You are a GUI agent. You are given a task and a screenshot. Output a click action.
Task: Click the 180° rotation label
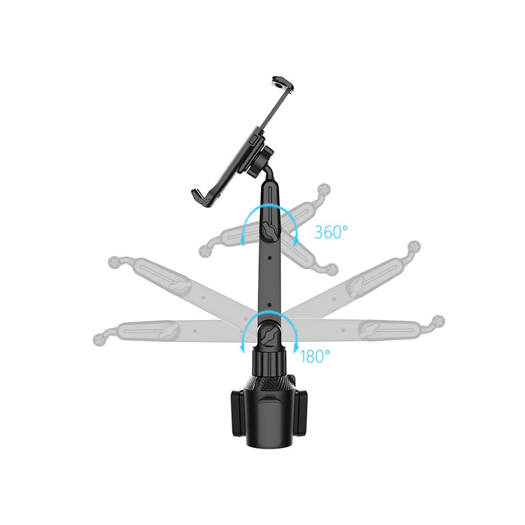click(x=315, y=356)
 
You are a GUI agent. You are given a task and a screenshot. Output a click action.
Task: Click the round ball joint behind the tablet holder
click(x=259, y=160)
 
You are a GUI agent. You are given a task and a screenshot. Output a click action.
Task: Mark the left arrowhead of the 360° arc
click(x=241, y=240)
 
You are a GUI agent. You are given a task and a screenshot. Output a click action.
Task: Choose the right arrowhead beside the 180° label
click(x=295, y=348)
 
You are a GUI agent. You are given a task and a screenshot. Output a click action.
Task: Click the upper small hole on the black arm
click(x=269, y=257)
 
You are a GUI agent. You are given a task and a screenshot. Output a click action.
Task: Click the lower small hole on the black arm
click(x=269, y=304)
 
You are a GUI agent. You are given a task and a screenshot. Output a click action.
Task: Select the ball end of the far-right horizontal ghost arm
click(x=438, y=320)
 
